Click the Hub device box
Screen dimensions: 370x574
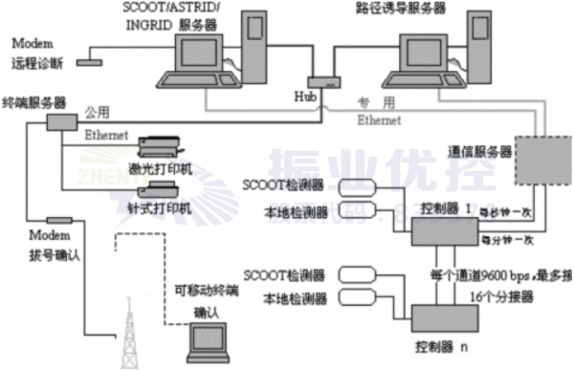[319, 83]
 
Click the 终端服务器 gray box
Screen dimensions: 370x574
[61, 121]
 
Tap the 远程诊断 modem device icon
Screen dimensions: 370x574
[91, 63]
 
